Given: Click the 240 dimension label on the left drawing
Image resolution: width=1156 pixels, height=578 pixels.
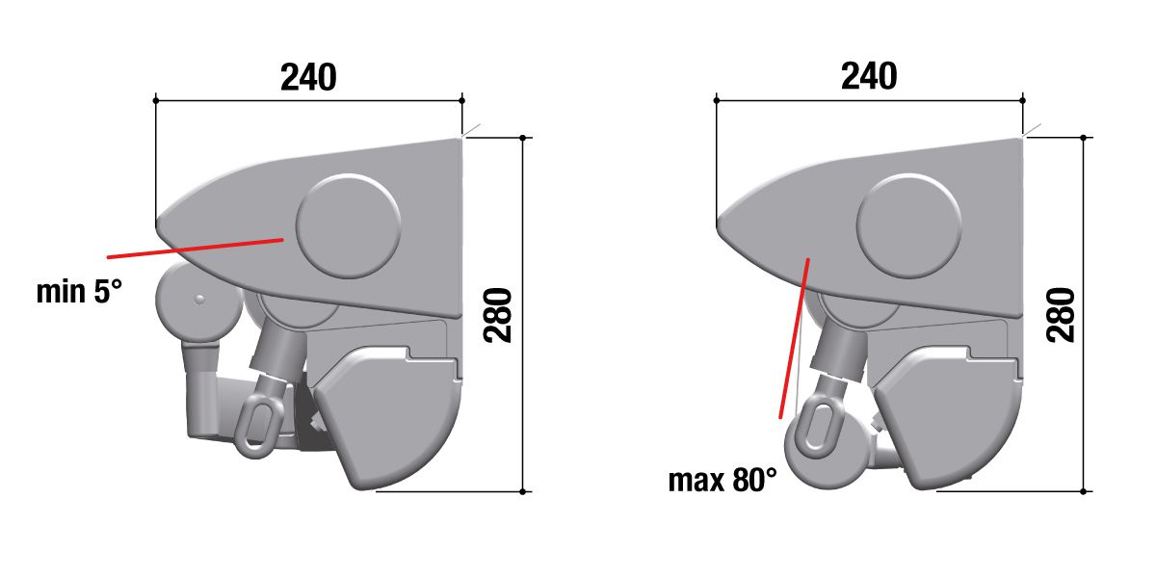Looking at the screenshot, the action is click(x=308, y=77).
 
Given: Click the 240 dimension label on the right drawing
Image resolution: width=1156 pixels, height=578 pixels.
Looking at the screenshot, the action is click(x=869, y=76).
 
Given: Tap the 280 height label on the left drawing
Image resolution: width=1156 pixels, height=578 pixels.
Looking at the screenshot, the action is click(x=498, y=315).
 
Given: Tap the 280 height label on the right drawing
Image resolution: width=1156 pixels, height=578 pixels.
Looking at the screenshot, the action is click(x=1061, y=315).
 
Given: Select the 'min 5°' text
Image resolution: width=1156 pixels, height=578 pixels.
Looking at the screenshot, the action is click(x=79, y=292).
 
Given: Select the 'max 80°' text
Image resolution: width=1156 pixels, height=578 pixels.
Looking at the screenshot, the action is click(x=722, y=480).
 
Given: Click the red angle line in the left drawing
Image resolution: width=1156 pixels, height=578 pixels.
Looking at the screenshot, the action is click(x=195, y=249).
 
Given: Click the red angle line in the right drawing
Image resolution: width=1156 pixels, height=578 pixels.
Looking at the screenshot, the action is click(x=794, y=338).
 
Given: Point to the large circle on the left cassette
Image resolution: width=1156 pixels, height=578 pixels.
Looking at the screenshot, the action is click(x=349, y=226).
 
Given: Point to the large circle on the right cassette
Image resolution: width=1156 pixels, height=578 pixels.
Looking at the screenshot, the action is click(x=908, y=226).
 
